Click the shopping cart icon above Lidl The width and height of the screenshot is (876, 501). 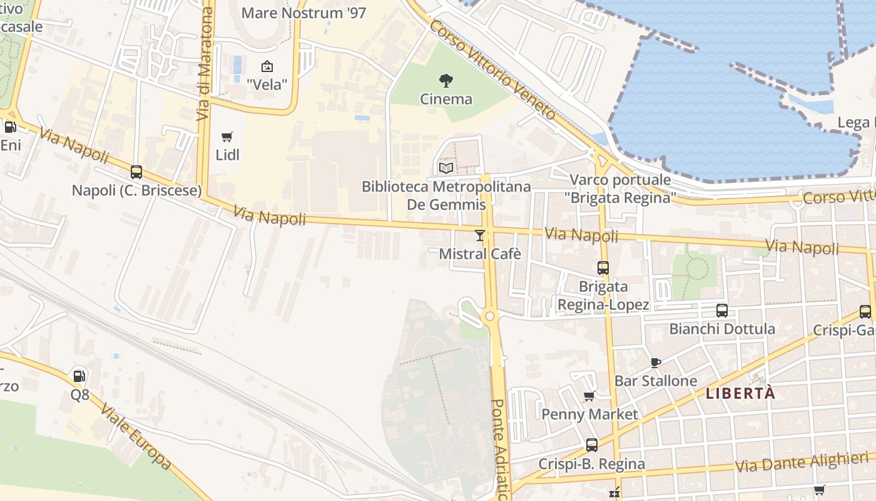coord(227,137)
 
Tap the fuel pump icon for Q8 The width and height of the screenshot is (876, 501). coord(79,376)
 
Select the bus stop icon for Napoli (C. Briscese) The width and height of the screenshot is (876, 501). coord(136,172)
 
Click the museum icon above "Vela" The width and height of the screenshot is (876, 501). coord(267,66)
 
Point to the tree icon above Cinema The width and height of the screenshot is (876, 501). coord(446,80)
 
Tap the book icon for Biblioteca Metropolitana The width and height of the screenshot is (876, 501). coord(446,168)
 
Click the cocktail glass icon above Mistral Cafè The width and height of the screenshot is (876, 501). coord(480,235)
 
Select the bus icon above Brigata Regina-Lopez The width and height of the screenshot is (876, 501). coord(603,268)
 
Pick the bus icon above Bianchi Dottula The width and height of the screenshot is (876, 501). coord(721,311)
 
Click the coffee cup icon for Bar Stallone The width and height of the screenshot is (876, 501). coord(655,363)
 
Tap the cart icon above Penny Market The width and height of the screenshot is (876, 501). coord(589,396)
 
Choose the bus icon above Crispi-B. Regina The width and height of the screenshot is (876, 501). coord(591,445)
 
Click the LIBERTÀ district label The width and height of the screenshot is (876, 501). coord(740,393)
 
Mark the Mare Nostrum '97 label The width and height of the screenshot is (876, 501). coord(303,13)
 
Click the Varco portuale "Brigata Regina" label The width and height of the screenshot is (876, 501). coord(620,189)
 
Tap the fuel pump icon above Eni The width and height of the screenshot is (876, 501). coord(10,127)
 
